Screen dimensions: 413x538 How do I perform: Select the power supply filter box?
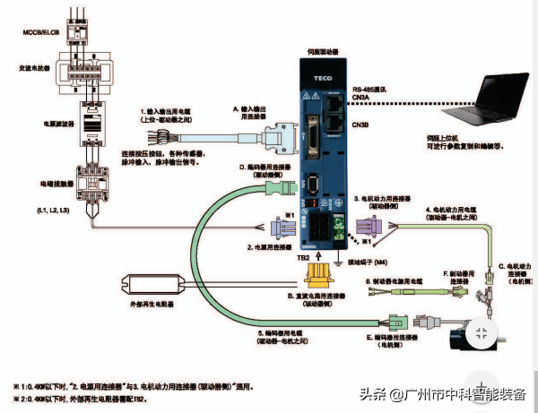tap(91, 122)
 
